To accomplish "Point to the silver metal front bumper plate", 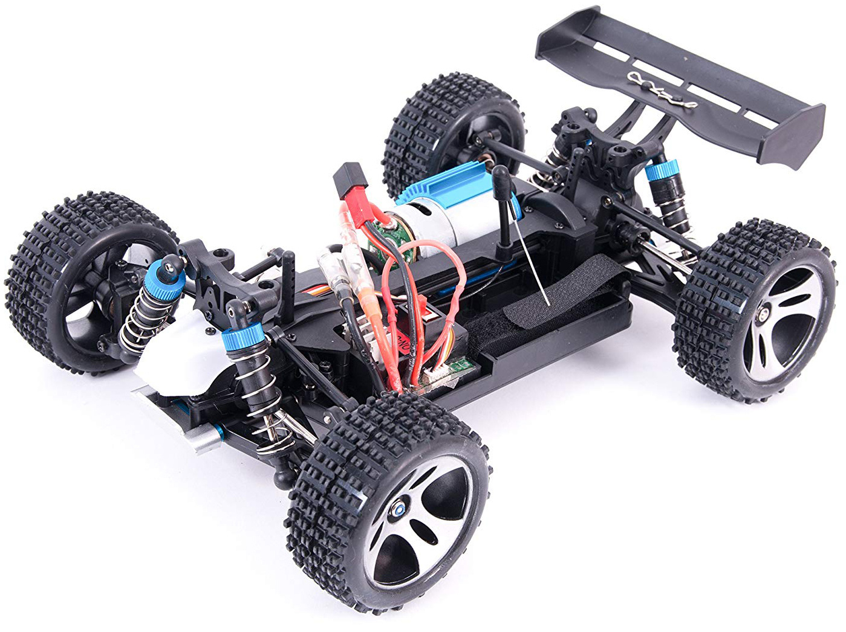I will pos(175,423).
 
